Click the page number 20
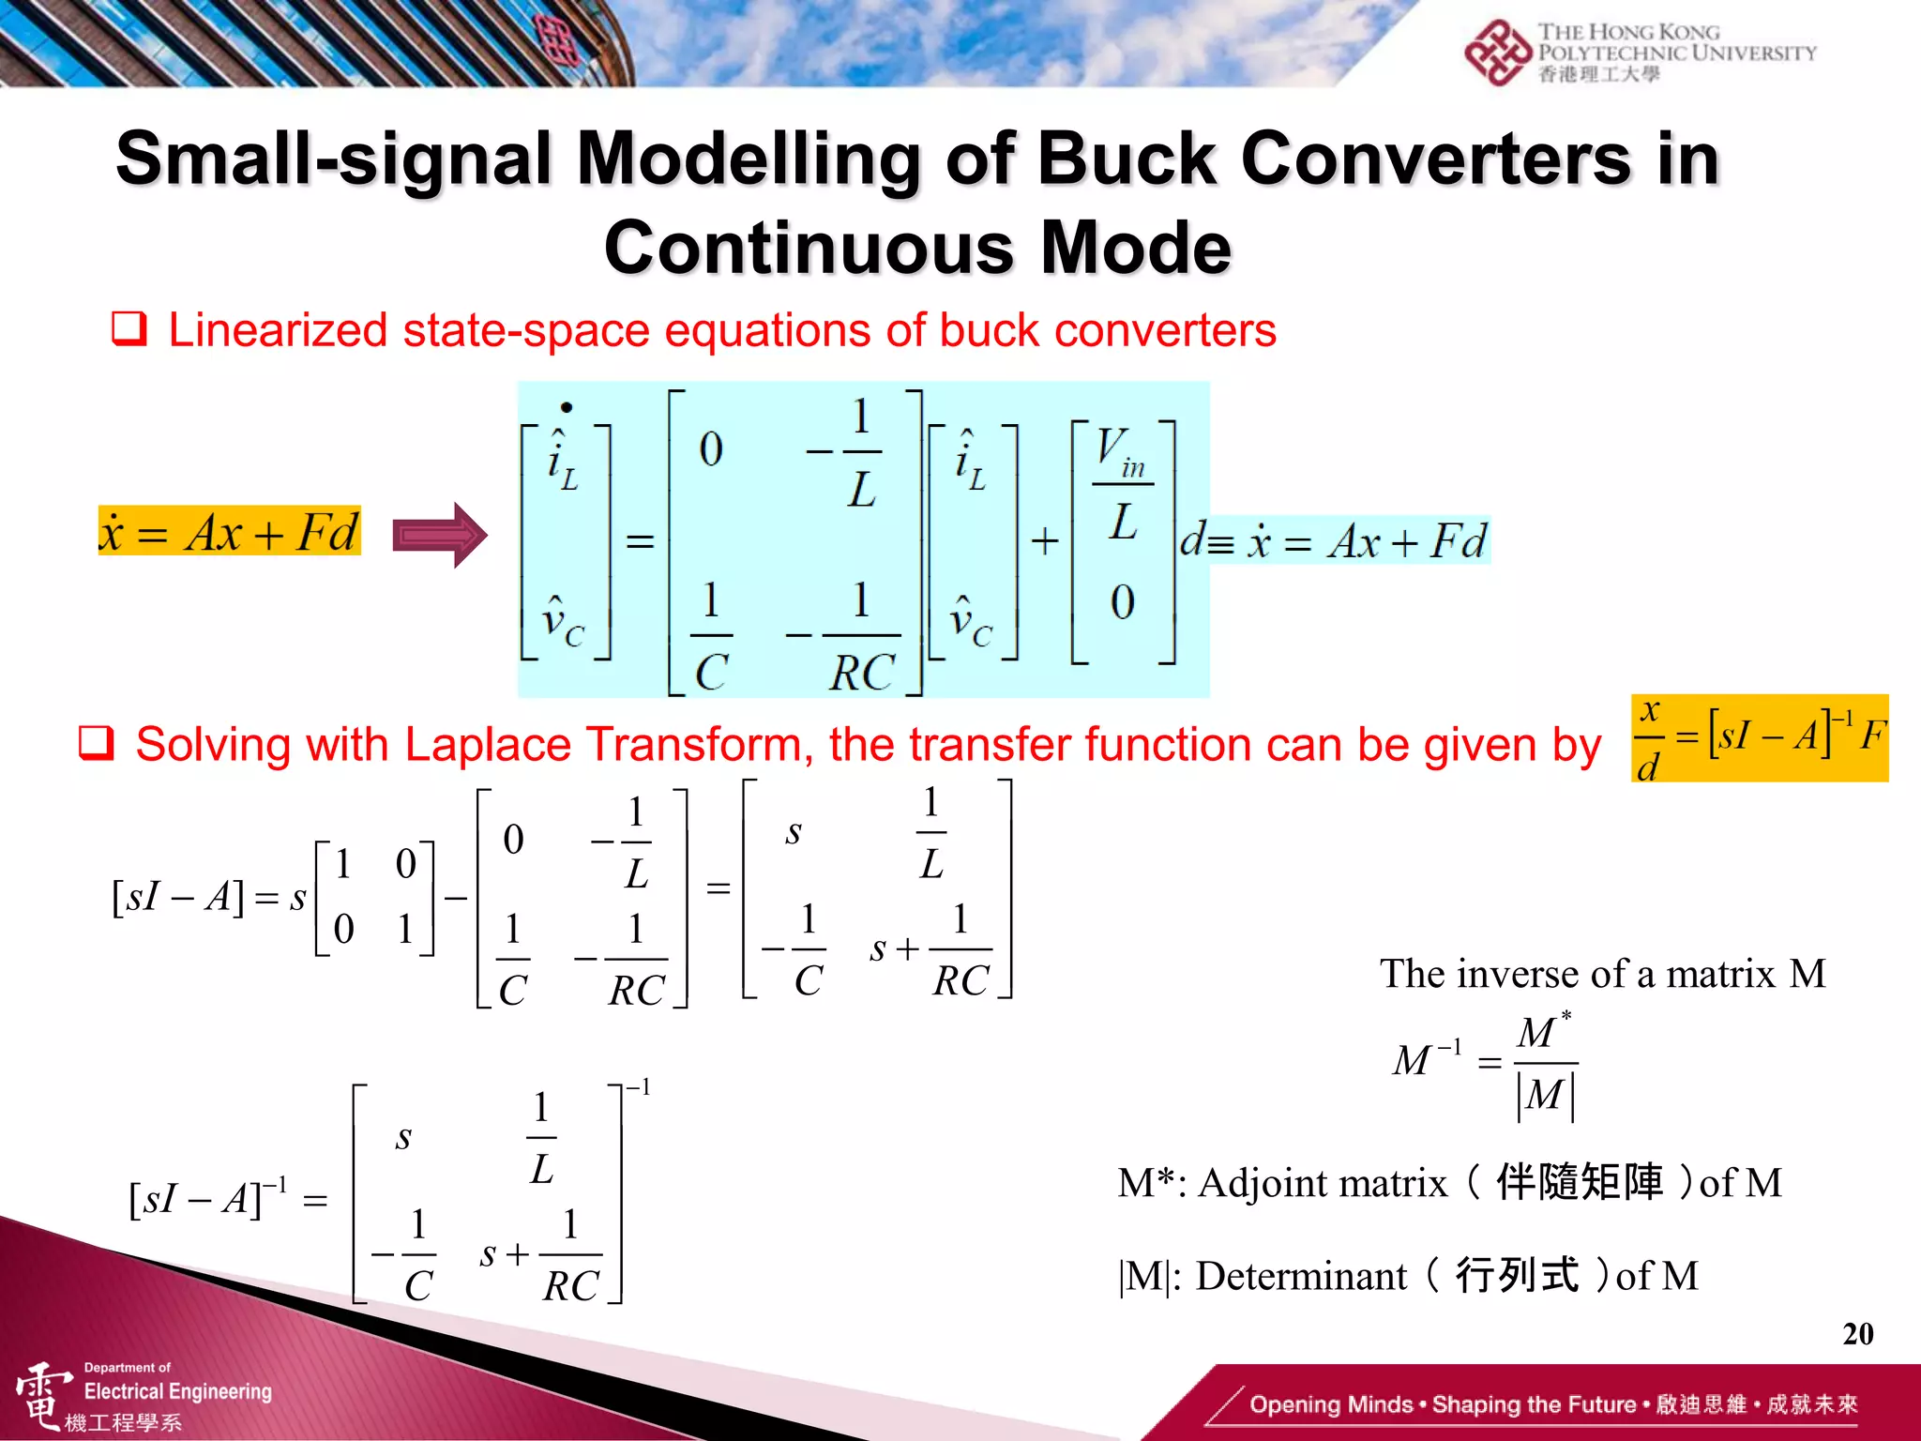click(1857, 1333)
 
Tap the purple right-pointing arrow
click(439, 535)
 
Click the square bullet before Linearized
click(129, 329)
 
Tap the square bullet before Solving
click(97, 744)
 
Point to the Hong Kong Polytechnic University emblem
click(1498, 53)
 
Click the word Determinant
click(1301, 1276)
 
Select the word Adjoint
click(1323, 1183)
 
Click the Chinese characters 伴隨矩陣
click(1580, 1182)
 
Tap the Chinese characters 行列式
click(1517, 1276)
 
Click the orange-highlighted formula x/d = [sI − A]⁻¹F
click(1760, 738)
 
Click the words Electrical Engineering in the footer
click(177, 1391)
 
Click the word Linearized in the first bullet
click(278, 330)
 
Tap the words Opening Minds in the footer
click(1330, 1404)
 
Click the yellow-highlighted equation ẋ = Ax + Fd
click(229, 532)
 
